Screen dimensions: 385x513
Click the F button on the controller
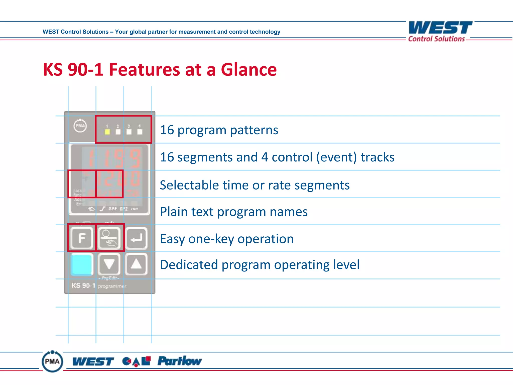click(82, 238)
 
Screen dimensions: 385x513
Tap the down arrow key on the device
click(109, 264)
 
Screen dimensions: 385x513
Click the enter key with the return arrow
click(136, 238)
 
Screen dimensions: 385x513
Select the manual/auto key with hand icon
click(109, 238)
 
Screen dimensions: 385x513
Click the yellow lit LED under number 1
click(107, 132)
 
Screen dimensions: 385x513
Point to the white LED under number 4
click(140, 132)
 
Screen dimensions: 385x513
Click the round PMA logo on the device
click(80, 126)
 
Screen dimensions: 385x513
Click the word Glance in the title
click(248, 70)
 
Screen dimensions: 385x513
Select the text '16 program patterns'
click(219, 130)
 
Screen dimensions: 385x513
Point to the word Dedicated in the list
click(189, 265)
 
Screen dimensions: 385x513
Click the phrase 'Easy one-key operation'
click(227, 239)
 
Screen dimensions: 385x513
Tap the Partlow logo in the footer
click(179, 361)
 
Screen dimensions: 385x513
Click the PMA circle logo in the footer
click(52, 361)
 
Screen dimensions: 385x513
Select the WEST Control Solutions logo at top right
click(440, 31)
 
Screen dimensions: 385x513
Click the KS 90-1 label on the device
click(83, 285)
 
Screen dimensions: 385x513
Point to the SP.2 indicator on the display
click(123, 209)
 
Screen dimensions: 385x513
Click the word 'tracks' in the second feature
click(377, 157)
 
